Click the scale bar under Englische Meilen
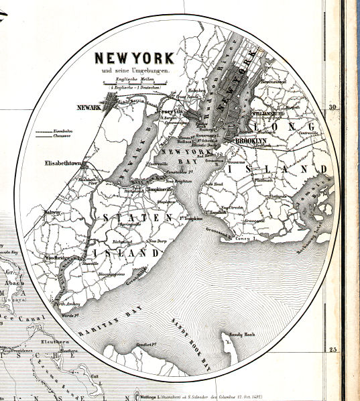coord(132,84)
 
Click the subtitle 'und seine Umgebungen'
coord(133,69)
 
